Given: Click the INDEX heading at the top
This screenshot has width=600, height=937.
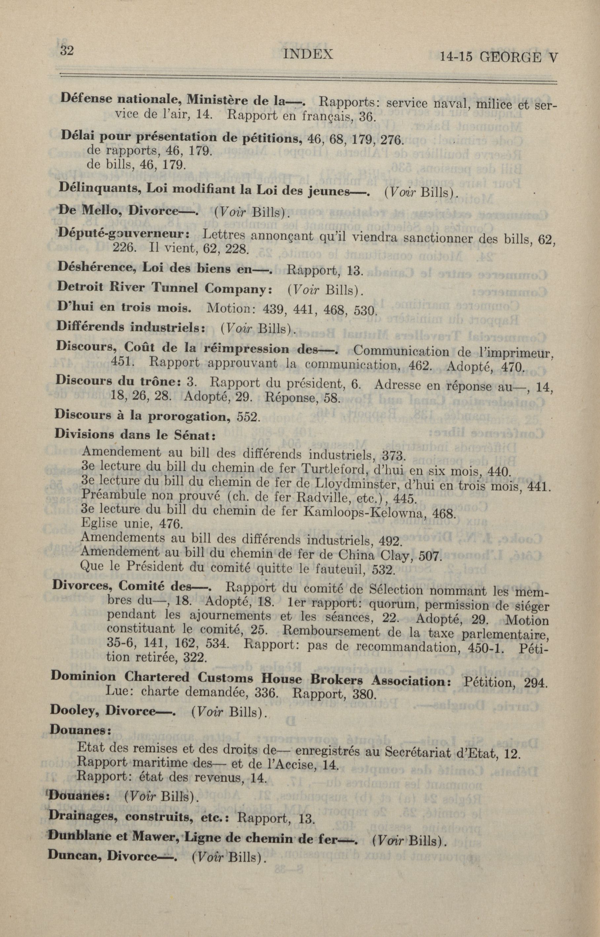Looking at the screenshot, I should pos(308,54).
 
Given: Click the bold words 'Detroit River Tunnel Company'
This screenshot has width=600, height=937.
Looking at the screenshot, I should pos(164,288).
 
